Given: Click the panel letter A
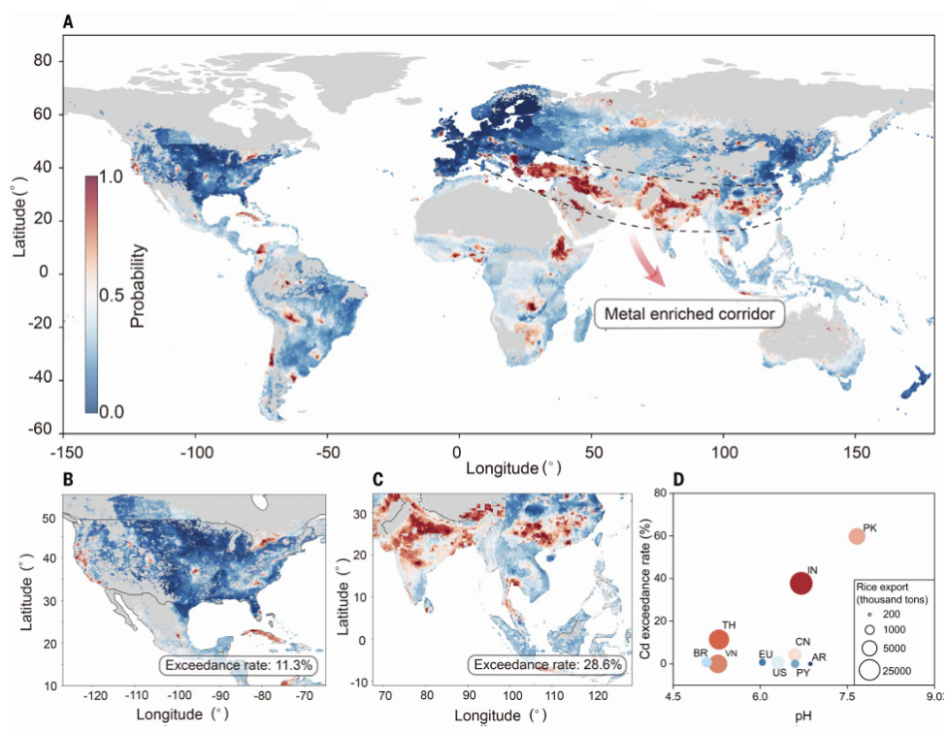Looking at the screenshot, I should point(68,21).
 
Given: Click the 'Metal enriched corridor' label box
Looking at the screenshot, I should point(689,315).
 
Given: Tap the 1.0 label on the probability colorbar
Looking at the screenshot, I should point(114,177).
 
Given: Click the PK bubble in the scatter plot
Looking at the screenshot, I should point(857,536).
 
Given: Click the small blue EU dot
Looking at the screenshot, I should point(763,661).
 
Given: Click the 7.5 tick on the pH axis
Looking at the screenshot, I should point(848,696).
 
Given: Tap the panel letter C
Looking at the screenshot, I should point(377,478).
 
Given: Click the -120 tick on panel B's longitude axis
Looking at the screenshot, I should point(97,696).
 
